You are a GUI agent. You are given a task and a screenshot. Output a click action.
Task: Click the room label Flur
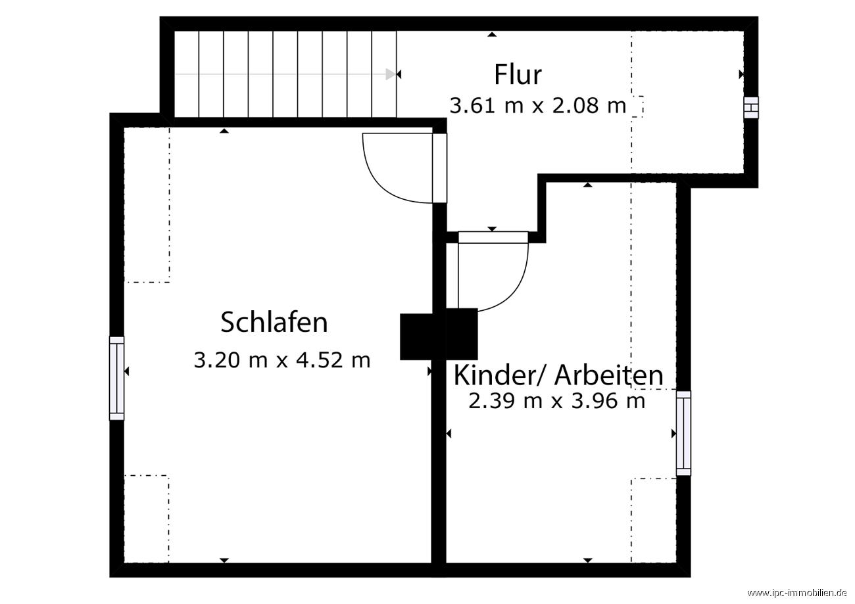point(518,74)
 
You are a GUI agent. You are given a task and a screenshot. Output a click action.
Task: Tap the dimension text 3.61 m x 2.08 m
point(537,105)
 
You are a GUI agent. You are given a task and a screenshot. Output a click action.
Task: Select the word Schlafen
point(274,323)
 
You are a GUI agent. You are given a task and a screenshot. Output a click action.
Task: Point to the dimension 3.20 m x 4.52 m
point(282,360)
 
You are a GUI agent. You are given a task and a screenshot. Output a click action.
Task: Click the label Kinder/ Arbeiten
point(558,375)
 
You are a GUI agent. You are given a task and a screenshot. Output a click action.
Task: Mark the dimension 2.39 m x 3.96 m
point(556,401)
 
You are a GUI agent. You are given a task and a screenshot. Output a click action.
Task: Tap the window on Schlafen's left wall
point(116,378)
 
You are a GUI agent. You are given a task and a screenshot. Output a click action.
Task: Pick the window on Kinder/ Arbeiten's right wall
point(684,433)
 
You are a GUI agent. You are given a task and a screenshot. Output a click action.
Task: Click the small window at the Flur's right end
point(750,108)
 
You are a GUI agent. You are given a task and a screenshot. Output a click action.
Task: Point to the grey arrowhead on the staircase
point(391,74)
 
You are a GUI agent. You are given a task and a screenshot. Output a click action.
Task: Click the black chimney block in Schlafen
point(416,337)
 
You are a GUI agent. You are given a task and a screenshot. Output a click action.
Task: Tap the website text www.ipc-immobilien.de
point(798,593)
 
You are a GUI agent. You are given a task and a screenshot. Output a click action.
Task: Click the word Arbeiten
point(608,375)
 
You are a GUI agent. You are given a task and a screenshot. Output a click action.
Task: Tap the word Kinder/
point(502,375)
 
